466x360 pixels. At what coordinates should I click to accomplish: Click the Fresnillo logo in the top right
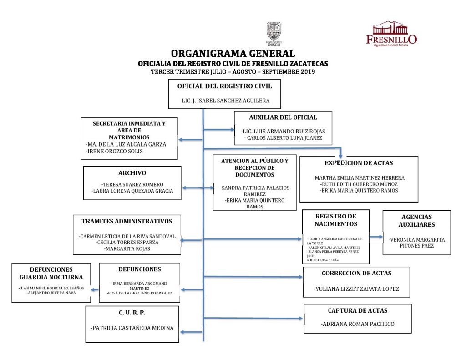point(391,34)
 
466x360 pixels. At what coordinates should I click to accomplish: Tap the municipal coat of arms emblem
point(274,32)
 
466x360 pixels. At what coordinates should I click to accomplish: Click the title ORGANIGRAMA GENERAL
point(233,54)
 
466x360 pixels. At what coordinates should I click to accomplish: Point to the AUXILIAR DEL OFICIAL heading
point(283,117)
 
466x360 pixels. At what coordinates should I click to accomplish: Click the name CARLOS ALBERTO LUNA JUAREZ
point(283,138)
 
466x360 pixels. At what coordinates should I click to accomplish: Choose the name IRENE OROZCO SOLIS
point(114,151)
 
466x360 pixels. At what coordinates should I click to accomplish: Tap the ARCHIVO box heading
point(132,173)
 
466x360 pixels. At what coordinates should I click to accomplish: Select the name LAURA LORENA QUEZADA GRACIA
point(132,191)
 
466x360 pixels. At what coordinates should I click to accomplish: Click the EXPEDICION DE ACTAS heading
point(359,163)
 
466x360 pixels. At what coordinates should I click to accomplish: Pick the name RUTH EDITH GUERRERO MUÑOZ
point(359,184)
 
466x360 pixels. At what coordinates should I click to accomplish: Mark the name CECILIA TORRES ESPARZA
point(127,243)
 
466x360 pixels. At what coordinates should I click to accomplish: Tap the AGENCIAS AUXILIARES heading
point(416,221)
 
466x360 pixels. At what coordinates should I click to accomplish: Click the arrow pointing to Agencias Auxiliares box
point(376,237)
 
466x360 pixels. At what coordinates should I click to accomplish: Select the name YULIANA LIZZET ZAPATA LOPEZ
point(356,289)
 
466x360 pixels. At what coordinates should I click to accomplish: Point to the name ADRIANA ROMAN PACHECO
point(357,324)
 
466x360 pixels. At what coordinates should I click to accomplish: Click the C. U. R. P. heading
point(132,313)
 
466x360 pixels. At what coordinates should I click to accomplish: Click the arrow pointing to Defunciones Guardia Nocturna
point(94,289)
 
